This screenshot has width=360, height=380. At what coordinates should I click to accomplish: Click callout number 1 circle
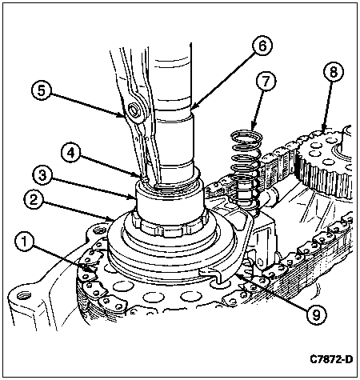(x=25, y=242)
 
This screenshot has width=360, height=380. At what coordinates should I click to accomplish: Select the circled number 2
(x=34, y=200)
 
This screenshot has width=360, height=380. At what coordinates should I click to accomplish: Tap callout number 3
(x=42, y=176)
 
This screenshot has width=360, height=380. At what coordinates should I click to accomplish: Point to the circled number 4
(x=70, y=154)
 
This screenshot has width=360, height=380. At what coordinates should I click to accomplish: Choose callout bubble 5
(x=42, y=91)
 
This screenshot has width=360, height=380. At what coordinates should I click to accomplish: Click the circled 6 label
(x=262, y=46)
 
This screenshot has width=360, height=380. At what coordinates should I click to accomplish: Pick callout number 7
(x=266, y=82)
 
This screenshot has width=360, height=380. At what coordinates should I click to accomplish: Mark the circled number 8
(x=334, y=72)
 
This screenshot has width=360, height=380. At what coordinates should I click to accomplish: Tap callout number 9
(x=316, y=316)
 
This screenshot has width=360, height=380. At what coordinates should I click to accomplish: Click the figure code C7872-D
(x=331, y=359)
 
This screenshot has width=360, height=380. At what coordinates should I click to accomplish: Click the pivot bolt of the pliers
(x=134, y=110)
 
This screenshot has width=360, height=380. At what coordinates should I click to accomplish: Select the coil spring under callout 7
(x=246, y=170)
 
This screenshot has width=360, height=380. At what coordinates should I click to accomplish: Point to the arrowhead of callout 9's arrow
(x=238, y=275)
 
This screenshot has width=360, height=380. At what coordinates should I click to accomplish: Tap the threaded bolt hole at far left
(x=20, y=295)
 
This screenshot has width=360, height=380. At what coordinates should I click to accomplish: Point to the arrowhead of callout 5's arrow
(x=122, y=116)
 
